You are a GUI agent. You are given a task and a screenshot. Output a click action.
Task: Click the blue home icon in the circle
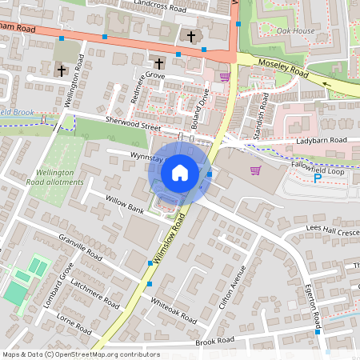point(180,173)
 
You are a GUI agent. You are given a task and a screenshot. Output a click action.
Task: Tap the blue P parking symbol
point(317,178)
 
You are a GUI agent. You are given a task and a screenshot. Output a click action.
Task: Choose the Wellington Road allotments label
point(59,177)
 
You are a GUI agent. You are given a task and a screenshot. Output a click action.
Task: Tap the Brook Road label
point(215,342)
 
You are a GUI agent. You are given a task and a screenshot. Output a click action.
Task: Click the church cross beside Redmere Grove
point(158,63)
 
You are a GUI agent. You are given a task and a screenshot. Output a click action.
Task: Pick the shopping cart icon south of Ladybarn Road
point(255,170)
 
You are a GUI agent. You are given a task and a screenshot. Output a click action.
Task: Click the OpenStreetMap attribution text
point(81,354)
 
